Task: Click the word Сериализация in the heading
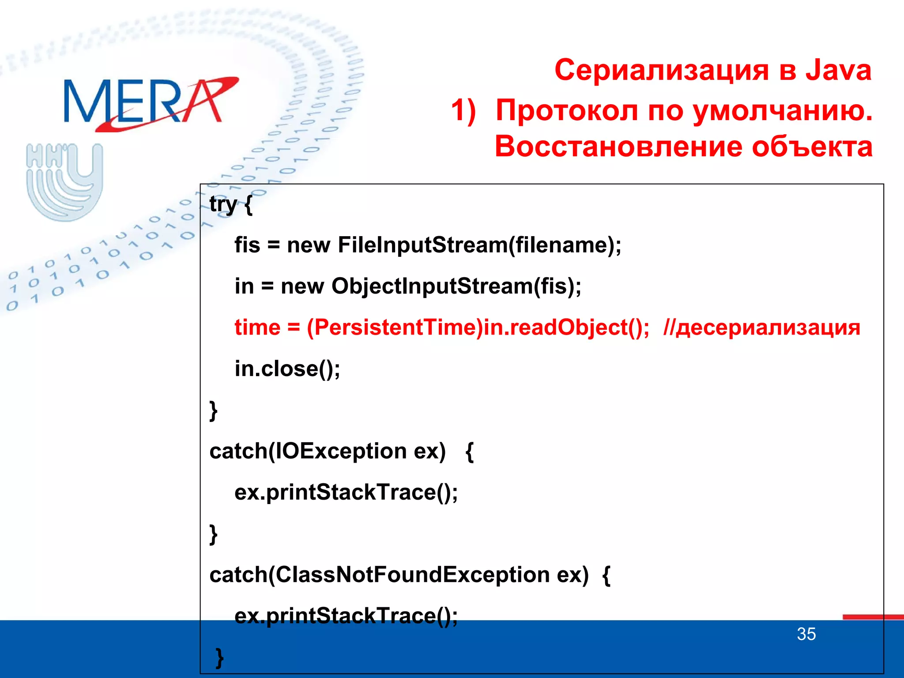662,71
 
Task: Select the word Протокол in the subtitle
567,110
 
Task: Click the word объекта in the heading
812,147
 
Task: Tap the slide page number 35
806,634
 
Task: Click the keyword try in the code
223,204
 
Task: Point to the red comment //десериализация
761,328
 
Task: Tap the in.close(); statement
287,369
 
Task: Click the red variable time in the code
257,328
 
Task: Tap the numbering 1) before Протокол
463,110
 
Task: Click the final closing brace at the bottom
219,658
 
